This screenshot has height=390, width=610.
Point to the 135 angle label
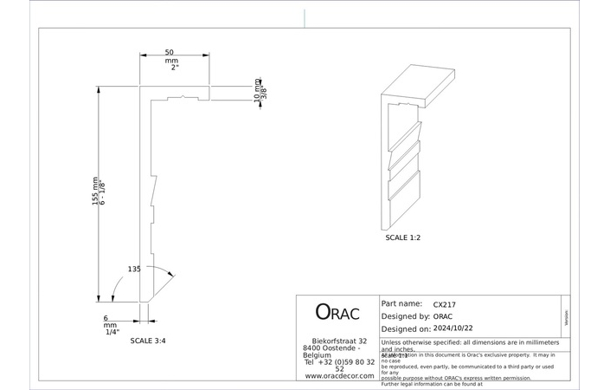pyautogui.click(x=134, y=269)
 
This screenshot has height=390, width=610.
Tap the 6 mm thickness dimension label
pyautogui.click(x=106, y=318)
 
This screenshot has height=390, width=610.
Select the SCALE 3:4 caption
pyautogui.click(x=148, y=341)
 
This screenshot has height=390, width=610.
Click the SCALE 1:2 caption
pyautogui.click(x=403, y=237)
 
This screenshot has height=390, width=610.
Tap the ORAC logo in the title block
pyautogui.click(x=337, y=313)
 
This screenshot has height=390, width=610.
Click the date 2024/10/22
pyautogui.click(x=456, y=329)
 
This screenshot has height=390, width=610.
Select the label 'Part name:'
pyautogui.click(x=401, y=304)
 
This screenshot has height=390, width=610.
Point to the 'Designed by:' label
pyautogui.click(x=405, y=316)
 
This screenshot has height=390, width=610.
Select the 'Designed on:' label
pyautogui.click(x=405, y=329)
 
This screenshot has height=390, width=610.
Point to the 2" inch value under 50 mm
pyautogui.click(x=174, y=68)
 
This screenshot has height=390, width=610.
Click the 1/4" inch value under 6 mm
pyautogui.click(x=112, y=332)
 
